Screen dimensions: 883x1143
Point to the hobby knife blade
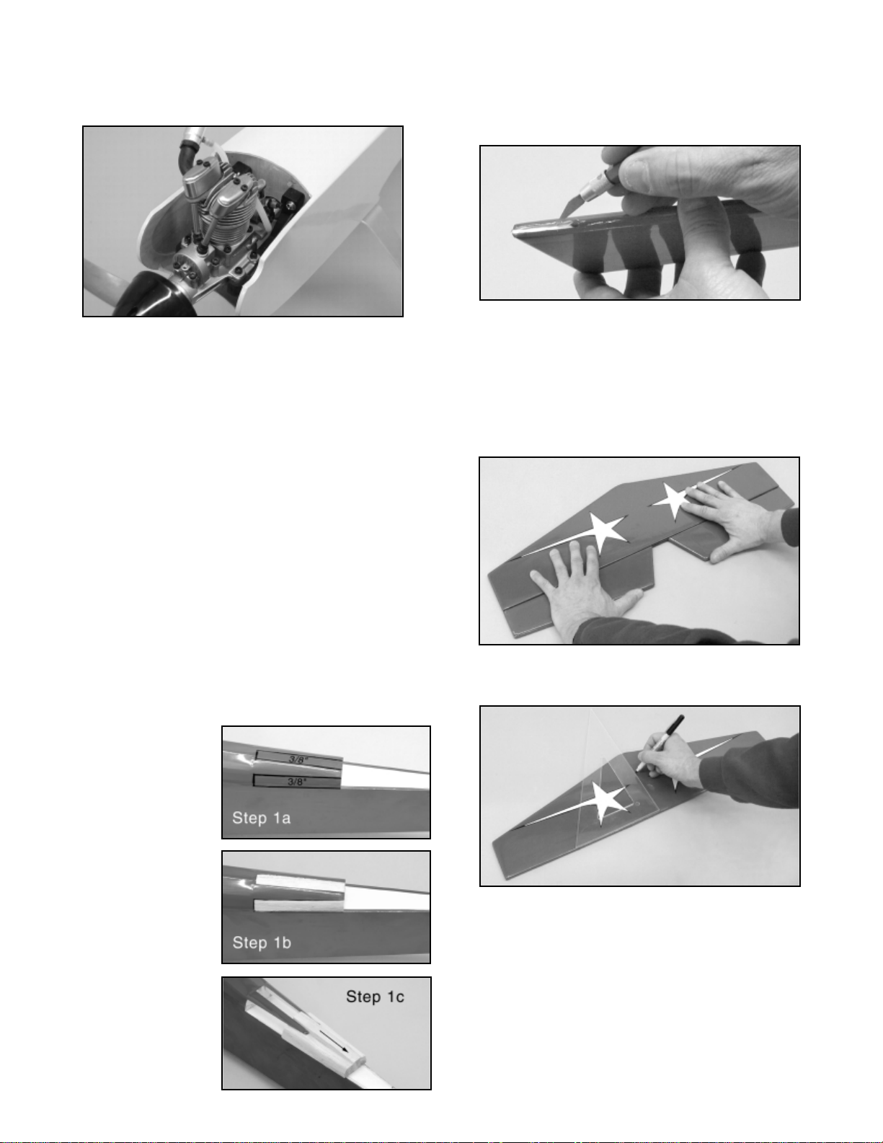(571, 207)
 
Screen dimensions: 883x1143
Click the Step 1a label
(261, 817)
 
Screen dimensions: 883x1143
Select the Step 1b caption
(262, 942)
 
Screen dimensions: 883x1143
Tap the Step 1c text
(375, 996)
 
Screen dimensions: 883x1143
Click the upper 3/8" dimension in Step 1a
(298, 759)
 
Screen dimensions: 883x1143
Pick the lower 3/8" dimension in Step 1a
(296, 782)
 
